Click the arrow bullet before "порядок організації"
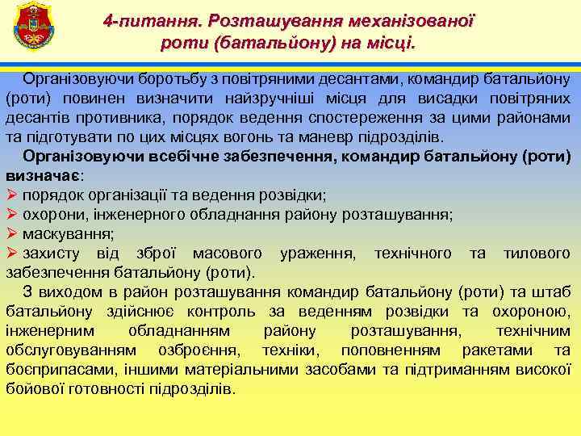[x=11, y=195]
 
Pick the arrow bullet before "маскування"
[x=11, y=234]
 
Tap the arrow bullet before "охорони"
[x=11, y=215]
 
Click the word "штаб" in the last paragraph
[x=558, y=292]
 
